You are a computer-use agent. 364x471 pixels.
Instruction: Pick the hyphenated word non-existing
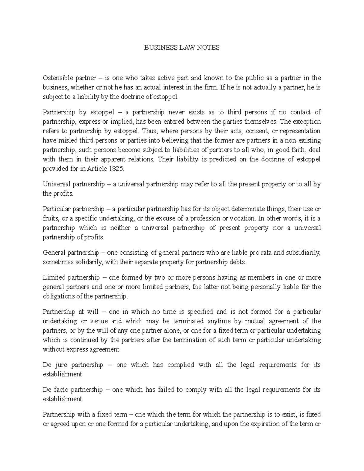click(304, 140)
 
